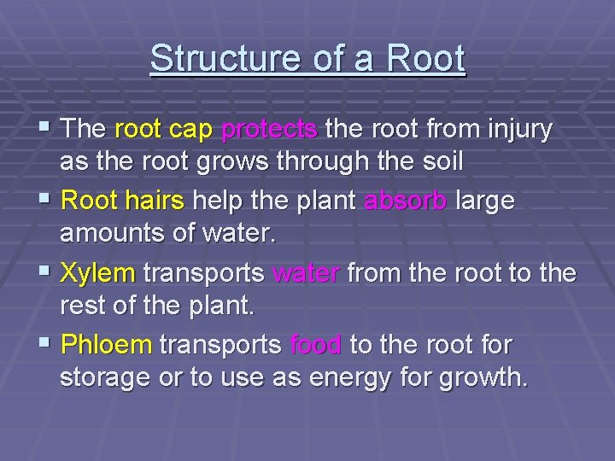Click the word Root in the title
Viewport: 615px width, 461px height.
425,59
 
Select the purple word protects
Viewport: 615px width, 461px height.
270,130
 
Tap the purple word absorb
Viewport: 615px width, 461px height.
405,201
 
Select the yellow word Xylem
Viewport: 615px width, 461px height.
98,273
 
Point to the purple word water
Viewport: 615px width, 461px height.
306,273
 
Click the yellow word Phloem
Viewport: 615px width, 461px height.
107,345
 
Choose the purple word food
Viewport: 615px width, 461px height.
316,345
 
